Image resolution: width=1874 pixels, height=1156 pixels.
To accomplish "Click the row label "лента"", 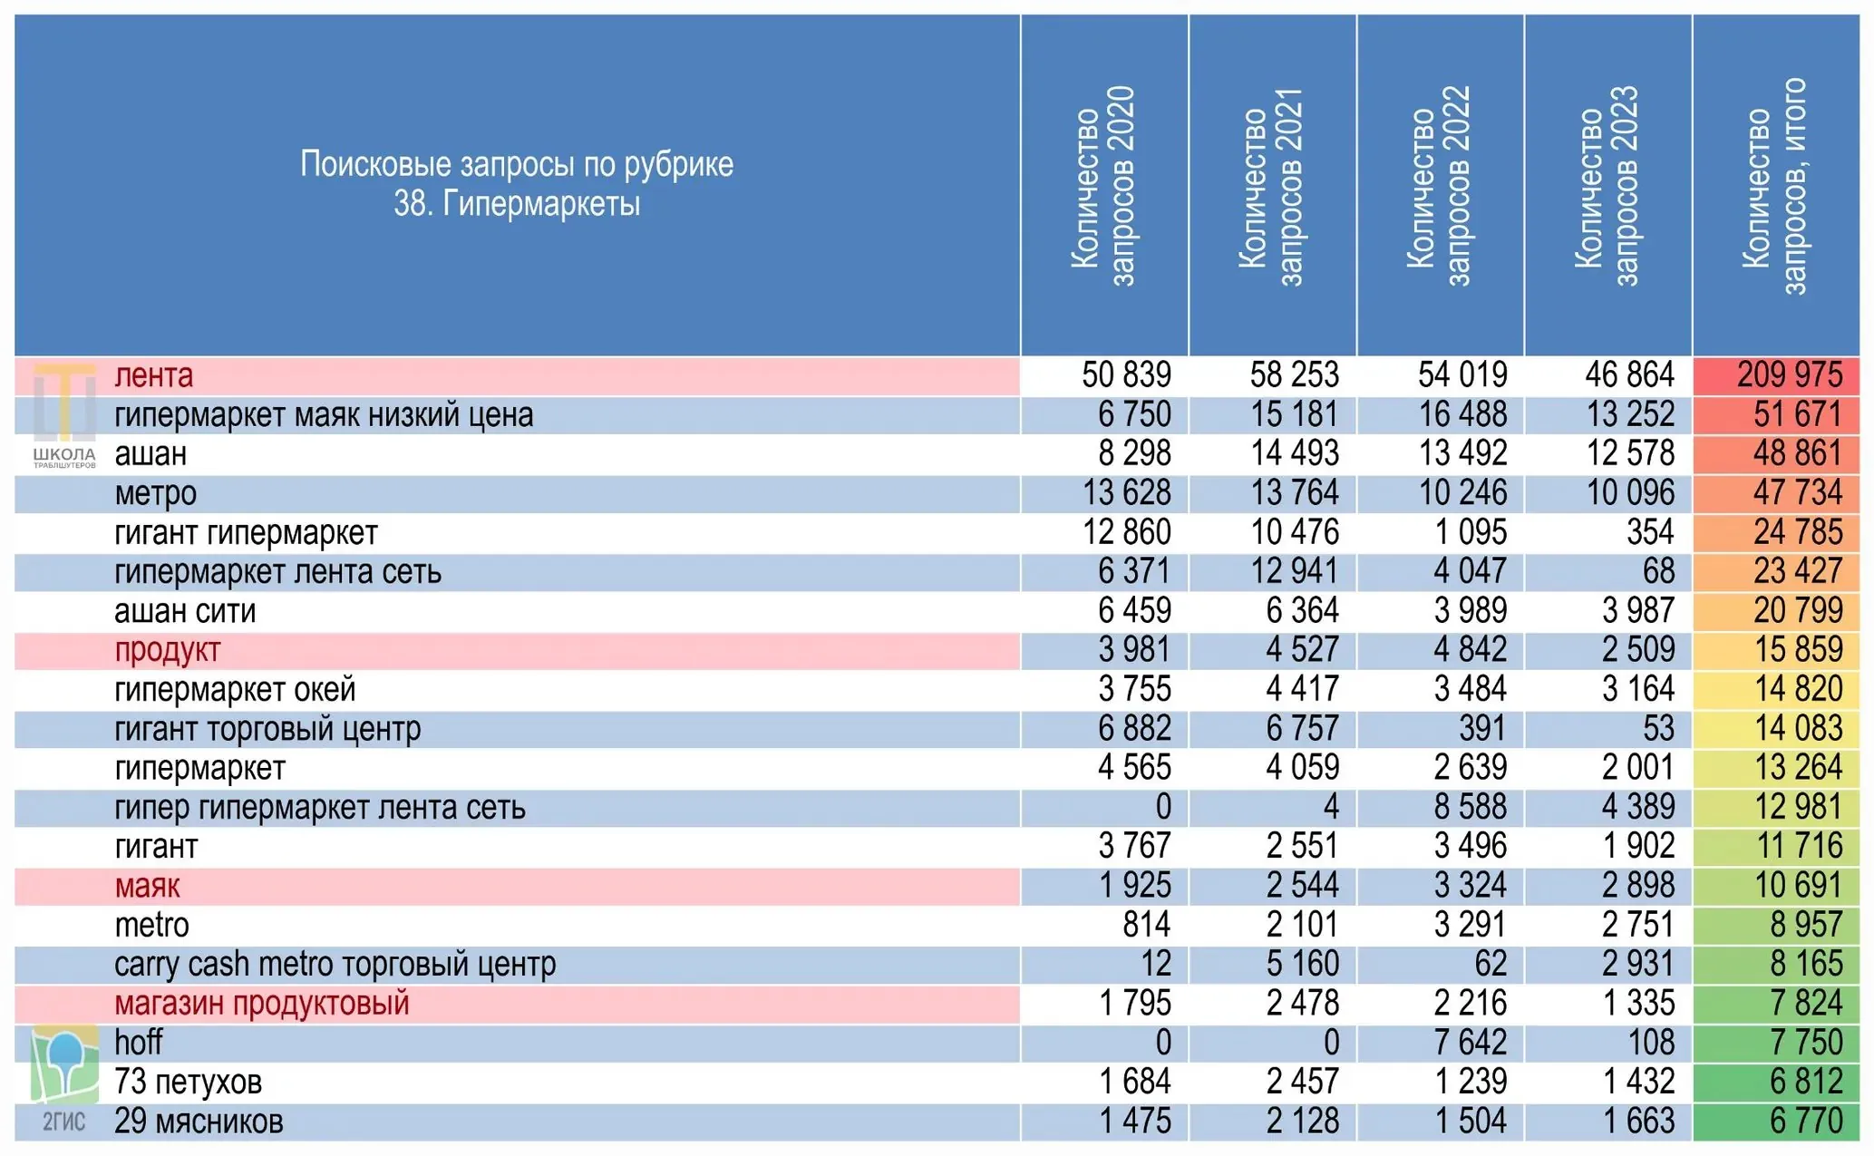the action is click(x=153, y=375).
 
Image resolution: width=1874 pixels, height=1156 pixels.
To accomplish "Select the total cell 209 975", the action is click(x=1789, y=375).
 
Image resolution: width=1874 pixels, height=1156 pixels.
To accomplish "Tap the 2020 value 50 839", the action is click(x=1126, y=375).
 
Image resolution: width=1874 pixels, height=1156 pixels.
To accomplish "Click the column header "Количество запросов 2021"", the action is click(x=1271, y=187).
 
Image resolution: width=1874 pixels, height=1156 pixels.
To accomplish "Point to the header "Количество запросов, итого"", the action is click(x=1775, y=187).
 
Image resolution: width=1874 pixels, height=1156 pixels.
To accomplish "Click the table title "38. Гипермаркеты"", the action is click(x=517, y=204).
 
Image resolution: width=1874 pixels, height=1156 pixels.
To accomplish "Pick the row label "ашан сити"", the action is click(x=185, y=611).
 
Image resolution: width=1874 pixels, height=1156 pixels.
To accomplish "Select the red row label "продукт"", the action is click(x=168, y=651).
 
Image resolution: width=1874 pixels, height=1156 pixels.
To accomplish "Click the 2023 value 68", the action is click(x=1658, y=571).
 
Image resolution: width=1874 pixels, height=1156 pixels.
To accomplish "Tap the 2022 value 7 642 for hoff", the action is click(x=1471, y=1043).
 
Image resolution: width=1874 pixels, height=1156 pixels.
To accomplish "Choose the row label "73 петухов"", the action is click(x=189, y=1082).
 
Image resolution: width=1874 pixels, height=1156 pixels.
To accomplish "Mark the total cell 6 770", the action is click(x=1806, y=1122).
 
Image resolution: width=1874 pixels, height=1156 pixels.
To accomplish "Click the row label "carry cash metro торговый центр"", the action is click(x=335, y=964).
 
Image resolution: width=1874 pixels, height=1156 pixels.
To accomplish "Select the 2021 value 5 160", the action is click(x=1303, y=964).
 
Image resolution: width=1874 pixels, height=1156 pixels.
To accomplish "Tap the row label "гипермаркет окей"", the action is click(x=235, y=690).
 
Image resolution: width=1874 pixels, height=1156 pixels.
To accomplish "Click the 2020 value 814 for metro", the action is click(x=1147, y=925).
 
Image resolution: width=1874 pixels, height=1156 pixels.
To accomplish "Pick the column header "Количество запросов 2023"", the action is click(x=1607, y=187).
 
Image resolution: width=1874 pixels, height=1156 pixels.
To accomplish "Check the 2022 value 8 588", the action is click(x=1471, y=807).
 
